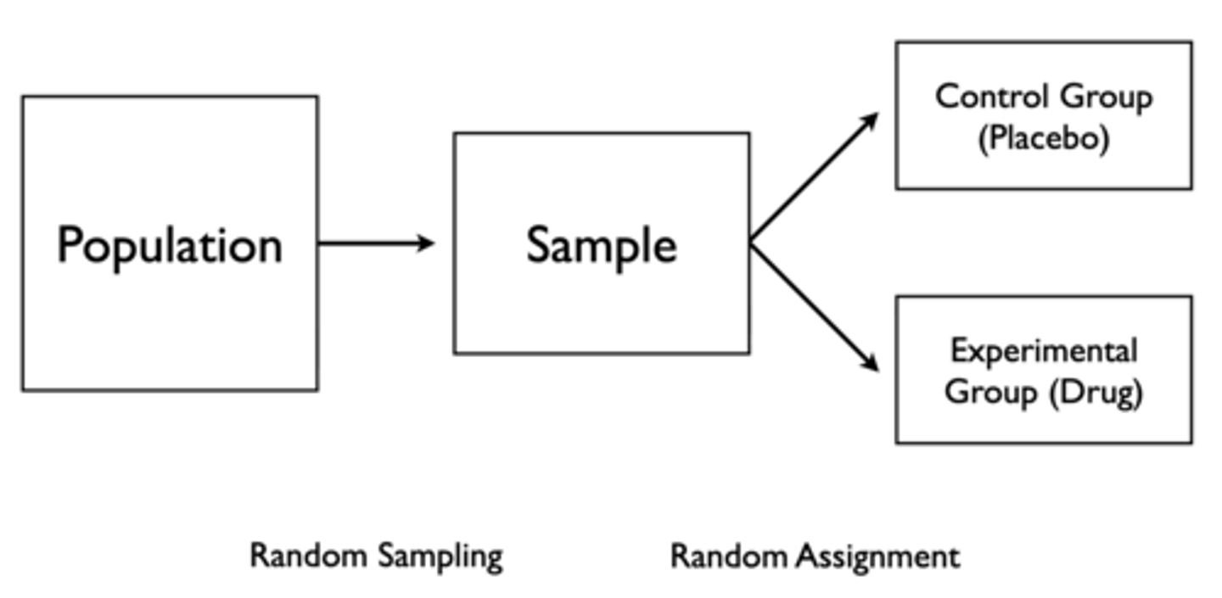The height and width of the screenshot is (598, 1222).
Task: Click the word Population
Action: (x=170, y=246)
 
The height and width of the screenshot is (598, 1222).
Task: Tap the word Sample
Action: (x=602, y=246)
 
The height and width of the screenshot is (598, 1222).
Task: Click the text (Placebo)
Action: (x=1044, y=138)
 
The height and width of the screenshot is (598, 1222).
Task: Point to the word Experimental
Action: (x=1044, y=350)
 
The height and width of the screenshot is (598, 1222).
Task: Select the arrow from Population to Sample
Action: (x=373, y=243)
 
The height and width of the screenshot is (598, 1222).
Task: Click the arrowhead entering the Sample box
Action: (x=426, y=243)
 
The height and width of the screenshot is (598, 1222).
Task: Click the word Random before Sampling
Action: (x=309, y=556)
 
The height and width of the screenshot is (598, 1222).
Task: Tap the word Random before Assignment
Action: (x=729, y=556)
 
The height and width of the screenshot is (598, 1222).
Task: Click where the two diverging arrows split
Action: (x=752, y=243)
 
